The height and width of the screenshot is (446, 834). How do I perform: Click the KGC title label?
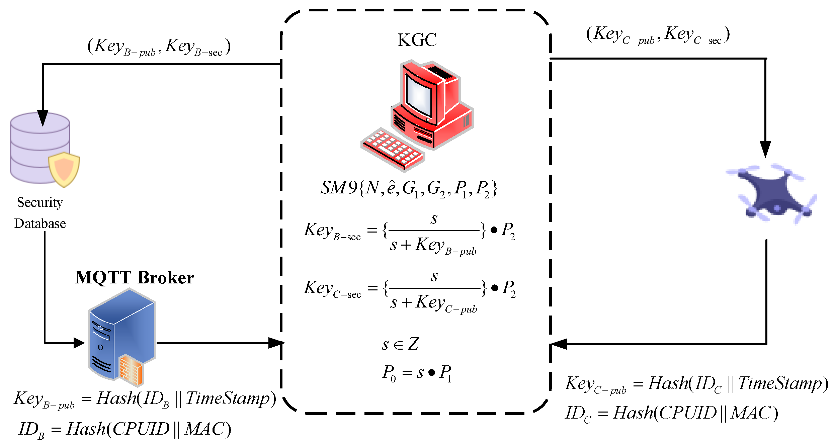point(417,40)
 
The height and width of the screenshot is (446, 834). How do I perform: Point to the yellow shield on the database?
point(64,169)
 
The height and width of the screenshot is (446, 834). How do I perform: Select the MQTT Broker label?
point(135,278)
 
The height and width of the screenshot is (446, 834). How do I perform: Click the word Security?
point(40,202)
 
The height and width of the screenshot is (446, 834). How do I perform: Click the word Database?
point(40,224)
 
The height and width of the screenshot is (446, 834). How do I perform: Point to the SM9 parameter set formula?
point(409,188)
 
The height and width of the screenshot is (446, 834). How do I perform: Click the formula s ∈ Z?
point(400,344)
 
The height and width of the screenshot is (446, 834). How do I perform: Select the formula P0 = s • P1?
point(417,372)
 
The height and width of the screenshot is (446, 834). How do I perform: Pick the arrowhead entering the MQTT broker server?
point(79,343)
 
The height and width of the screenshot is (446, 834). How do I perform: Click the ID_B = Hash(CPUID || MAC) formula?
point(124,429)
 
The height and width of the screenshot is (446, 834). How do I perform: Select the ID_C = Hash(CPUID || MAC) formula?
point(671,413)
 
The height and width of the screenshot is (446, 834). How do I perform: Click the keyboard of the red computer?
point(392,149)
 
